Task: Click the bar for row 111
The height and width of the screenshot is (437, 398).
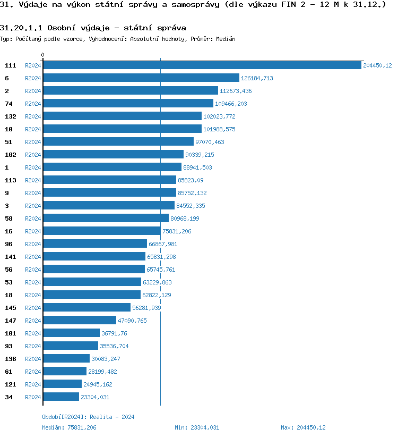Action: coord(202,65)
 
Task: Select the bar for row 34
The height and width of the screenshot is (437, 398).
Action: coord(61,397)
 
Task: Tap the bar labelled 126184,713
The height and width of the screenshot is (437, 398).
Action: coord(141,78)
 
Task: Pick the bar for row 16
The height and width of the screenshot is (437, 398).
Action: coord(101,231)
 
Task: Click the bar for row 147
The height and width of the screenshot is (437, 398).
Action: coord(80,321)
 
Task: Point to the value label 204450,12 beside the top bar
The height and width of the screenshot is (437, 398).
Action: coord(377,65)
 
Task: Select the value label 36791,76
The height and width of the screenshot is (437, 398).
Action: coord(114,333)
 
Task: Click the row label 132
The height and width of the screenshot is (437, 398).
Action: coord(10,116)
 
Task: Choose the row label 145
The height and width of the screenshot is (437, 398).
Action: coord(10,308)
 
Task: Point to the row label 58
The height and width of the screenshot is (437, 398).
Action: coord(8,218)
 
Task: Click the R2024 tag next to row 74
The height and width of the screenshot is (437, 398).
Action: coord(33,104)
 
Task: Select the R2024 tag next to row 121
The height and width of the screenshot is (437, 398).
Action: coord(33,384)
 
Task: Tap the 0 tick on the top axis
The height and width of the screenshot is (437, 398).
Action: coord(43,55)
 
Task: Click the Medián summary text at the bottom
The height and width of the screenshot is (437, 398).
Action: coord(69,427)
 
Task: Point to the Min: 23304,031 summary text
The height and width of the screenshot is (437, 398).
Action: coord(197,427)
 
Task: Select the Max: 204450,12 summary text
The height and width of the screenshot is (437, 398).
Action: coord(303,427)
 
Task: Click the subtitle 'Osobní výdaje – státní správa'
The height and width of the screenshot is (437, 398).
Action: coord(93,27)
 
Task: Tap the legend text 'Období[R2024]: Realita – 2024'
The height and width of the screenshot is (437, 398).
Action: coord(88,417)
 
